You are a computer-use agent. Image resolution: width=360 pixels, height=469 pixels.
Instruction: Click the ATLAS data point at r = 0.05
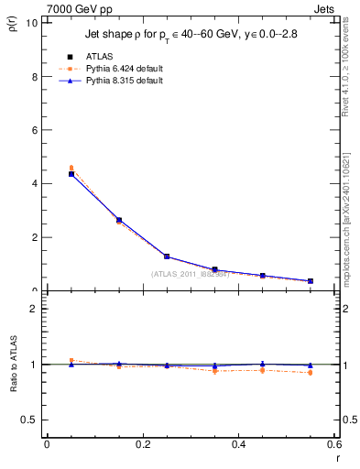pyautogui.click(x=71, y=174)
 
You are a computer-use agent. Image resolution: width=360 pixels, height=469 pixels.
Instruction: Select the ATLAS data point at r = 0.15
pyautogui.click(x=119, y=220)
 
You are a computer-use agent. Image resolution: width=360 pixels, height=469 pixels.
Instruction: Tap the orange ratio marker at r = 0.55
pyautogui.click(x=311, y=372)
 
